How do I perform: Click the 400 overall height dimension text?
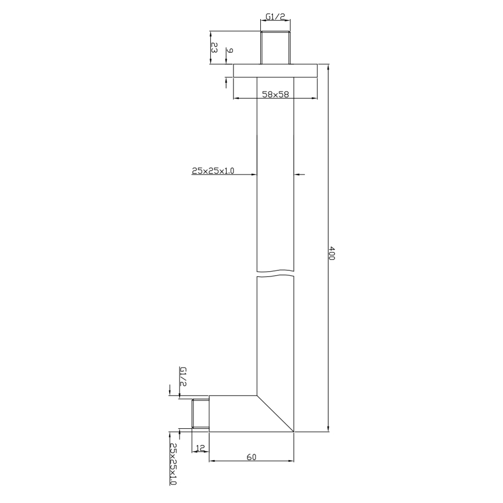(x=332, y=253)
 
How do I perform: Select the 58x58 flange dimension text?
(x=275, y=94)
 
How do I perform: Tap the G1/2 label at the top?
(x=275, y=17)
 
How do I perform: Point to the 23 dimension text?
(x=214, y=48)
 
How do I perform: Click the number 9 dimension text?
(x=229, y=52)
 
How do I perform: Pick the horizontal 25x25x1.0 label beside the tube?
(x=213, y=171)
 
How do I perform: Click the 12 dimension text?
(x=201, y=448)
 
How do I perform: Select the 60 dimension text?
(x=251, y=457)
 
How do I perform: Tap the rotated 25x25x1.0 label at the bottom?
(x=173, y=464)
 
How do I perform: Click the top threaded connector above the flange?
(x=275, y=48)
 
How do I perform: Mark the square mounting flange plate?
(x=275, y=70)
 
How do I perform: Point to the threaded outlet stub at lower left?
(x=201, y=414)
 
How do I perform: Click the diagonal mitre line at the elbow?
(x=275, y=414)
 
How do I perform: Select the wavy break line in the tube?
(x=275, y=273)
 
